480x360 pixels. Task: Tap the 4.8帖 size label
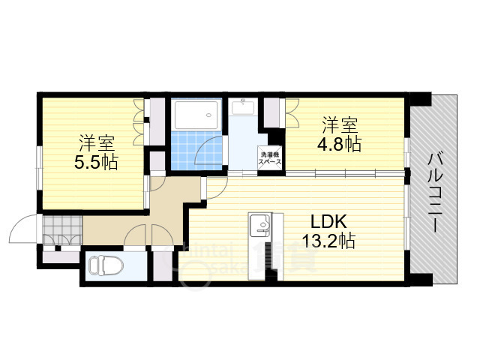(x=342, y=143)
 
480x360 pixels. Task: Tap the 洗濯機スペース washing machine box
(x=270, y=157)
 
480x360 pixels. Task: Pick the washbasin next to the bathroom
(x=243, y=109)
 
